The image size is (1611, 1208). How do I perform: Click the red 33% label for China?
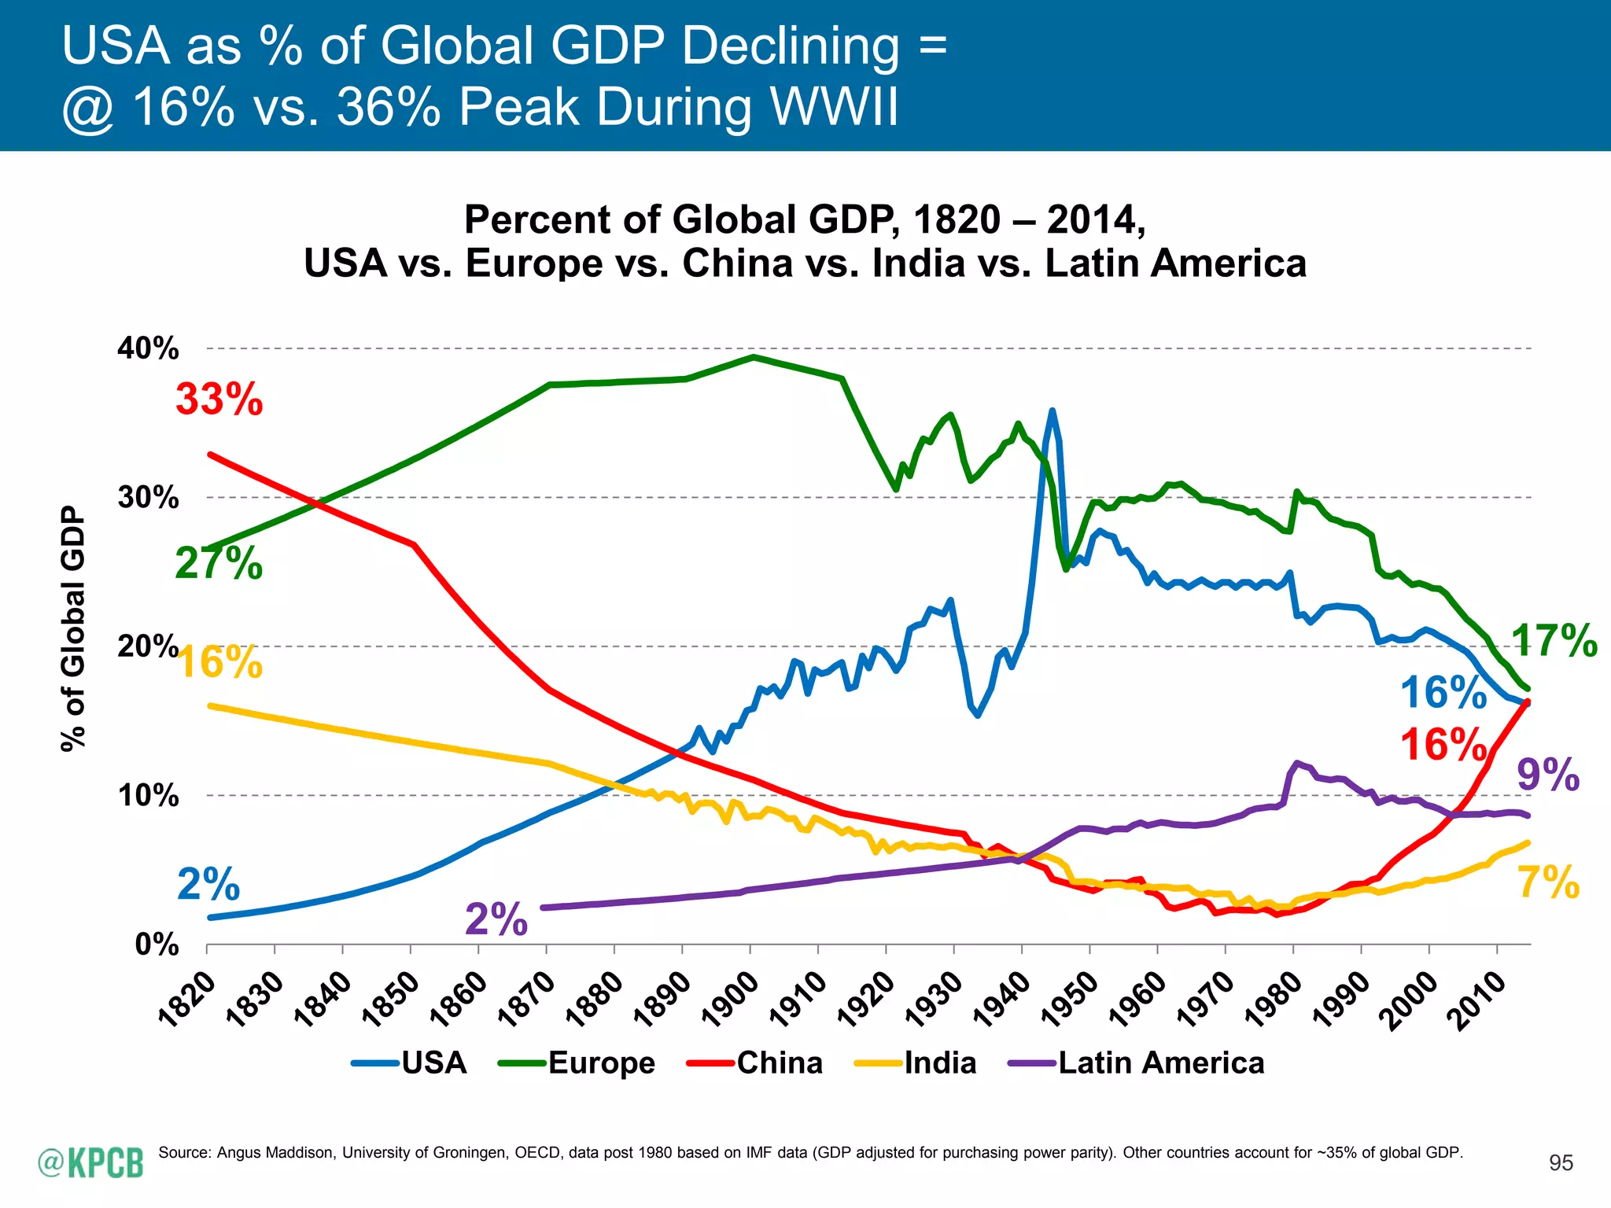pos(219,400)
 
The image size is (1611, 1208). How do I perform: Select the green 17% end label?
pos(1554,640)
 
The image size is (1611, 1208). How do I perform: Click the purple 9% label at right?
pos(1547,775)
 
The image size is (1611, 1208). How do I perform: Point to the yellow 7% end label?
pos(1547,882)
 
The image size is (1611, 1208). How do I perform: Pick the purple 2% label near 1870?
pos(496,919)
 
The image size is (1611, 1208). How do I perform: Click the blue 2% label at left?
pos(208,885)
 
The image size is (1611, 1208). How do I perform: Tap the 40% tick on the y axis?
pos(149,348)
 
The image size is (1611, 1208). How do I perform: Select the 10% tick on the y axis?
pos(149,796)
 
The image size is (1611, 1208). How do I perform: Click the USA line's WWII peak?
pos(1052,411)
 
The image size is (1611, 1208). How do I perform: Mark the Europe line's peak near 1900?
pos(753,357)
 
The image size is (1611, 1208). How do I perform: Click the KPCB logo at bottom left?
pos(91,1162)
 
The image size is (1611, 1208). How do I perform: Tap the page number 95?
pos(1561,1163)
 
